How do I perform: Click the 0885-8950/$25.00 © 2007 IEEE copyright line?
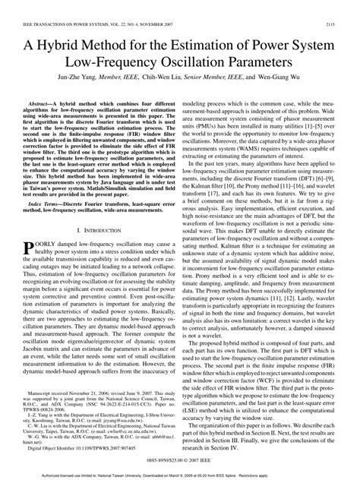[x=180, y=460]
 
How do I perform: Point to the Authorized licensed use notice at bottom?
[x=180, y=475]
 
